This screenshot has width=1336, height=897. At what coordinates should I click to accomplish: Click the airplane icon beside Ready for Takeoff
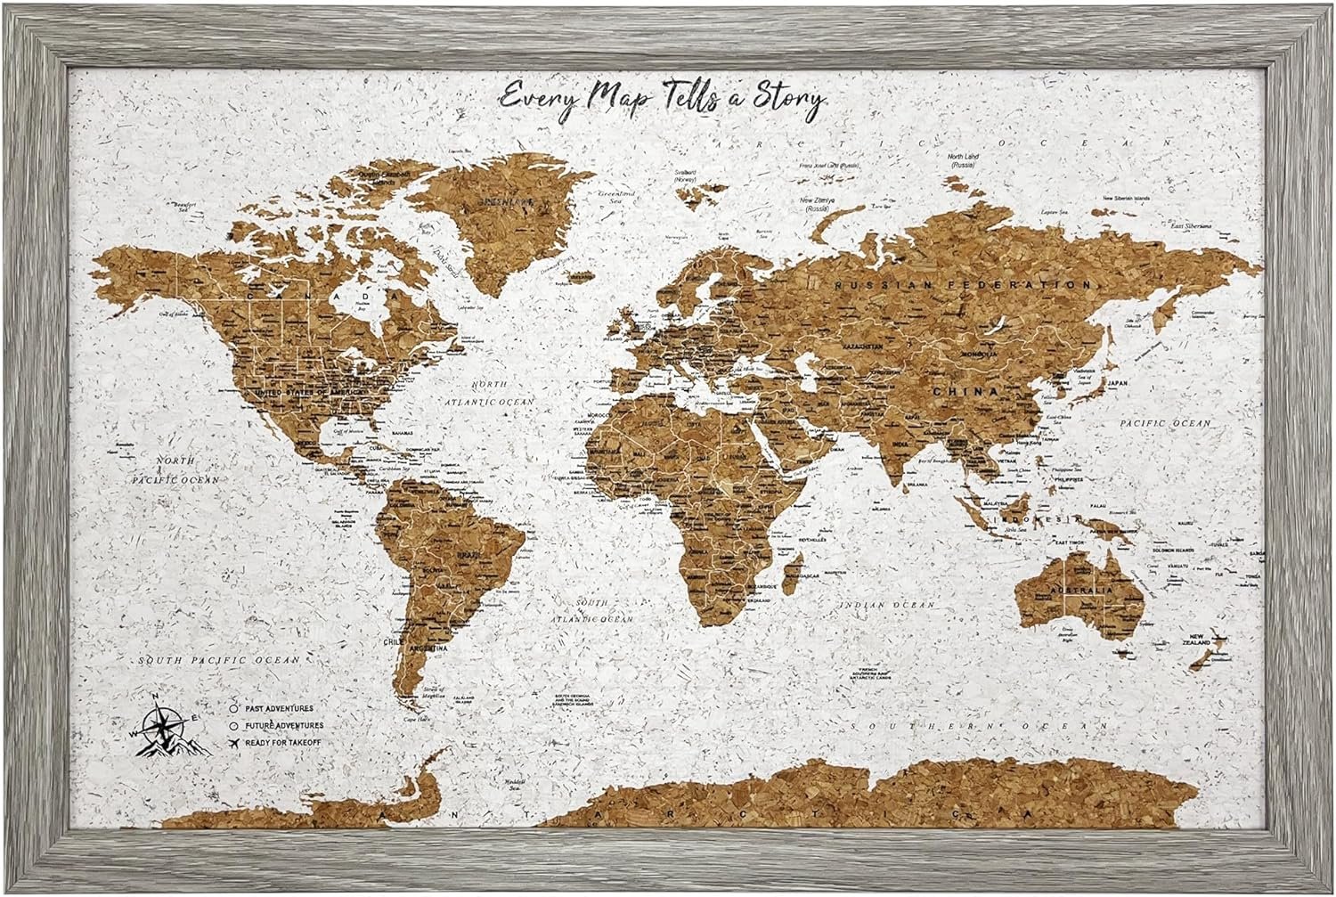pos(233,741)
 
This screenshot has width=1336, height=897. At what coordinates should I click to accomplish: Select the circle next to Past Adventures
pos(233,708)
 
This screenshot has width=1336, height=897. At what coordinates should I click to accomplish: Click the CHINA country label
pos(964,390)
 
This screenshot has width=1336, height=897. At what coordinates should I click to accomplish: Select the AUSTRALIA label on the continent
pos(1079,590)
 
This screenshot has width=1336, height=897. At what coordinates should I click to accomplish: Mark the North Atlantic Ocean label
pos(501,393)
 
